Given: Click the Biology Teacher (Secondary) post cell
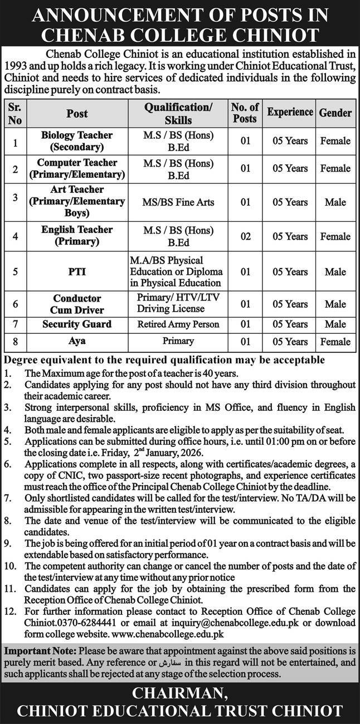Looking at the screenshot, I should (x=77, y=141).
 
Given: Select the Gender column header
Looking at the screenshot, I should (x=335, y=113).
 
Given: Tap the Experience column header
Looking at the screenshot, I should (x=289, y=112).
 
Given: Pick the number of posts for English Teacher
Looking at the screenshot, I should (x=245, y=236).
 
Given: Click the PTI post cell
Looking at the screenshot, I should (x=77, y=272).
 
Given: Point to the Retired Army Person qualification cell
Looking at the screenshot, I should (x=178, y=324).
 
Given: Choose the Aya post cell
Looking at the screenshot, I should (x=77, y=341).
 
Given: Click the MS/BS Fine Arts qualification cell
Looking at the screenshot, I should (x=178, y=202).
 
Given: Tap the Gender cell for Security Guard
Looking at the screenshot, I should (x=335, y=324).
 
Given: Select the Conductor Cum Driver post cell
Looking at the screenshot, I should (x=77, y=304).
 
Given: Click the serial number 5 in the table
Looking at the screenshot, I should (x=15, y=272).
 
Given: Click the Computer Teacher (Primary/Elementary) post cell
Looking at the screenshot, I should (x=77, y=168).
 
